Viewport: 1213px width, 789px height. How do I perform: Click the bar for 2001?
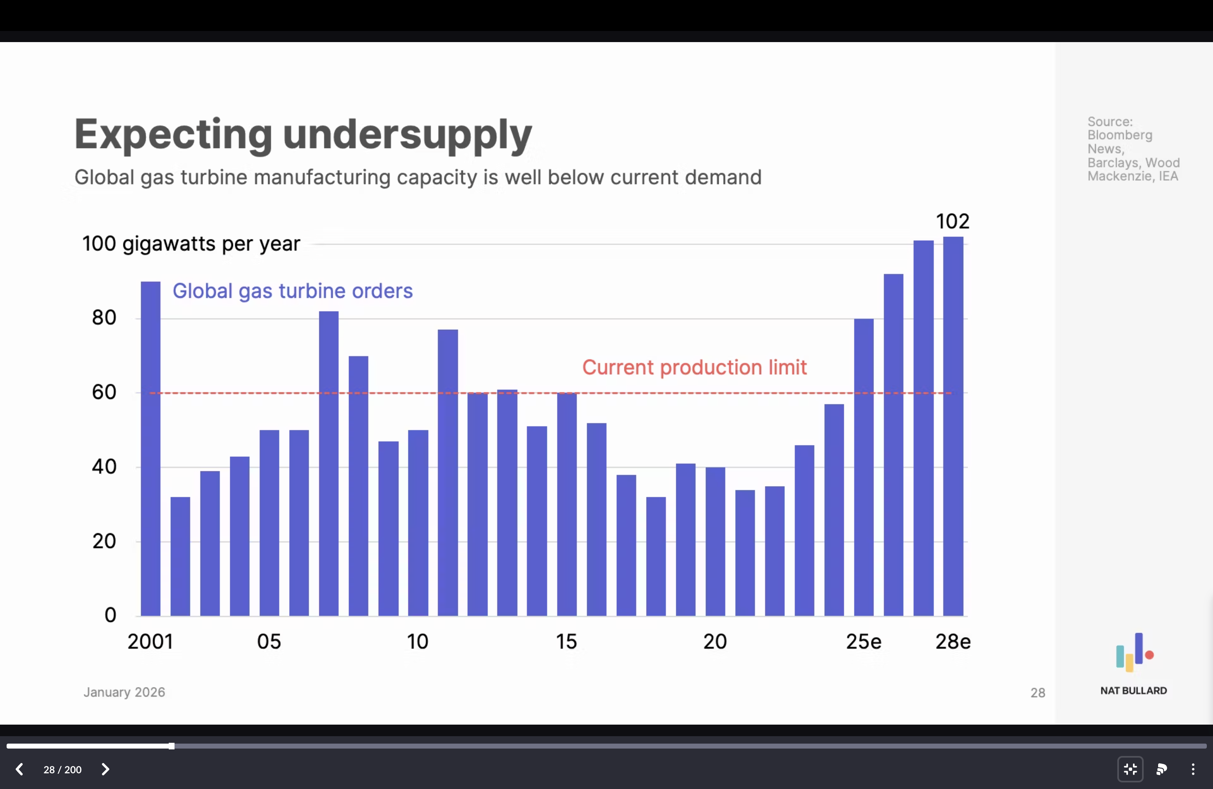(x=150, y=449)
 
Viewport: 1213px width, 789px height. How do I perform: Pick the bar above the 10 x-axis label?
(x=418, y=523)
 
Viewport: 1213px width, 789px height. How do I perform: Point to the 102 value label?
(x=953, y=221)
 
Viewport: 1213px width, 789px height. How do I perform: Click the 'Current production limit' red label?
(x=694, y=368)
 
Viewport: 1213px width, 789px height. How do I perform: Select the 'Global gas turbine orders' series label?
(x=293, y=291)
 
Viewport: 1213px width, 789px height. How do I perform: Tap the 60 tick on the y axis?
(x=104, y=392)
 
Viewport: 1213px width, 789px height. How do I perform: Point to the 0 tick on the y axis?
(x=110, y=615)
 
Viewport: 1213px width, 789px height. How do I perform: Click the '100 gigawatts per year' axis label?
(x=191, y=243)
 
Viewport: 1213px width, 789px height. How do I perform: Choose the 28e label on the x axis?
(x=953, y=642)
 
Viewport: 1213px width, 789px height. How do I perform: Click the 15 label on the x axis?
(x=566, y=642)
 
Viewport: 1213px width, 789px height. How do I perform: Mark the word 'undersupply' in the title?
(x=407, y=135)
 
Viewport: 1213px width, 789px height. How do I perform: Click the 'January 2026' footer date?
(x=124, y=692)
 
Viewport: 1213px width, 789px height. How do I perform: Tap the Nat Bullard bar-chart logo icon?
(x=1134, y=652)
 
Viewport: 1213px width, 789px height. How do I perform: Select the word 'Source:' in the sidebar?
(x=1109, y=122)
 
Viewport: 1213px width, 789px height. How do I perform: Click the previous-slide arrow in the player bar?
(x=19, y=769)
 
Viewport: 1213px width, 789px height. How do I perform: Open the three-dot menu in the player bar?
(x=1193, y=769)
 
